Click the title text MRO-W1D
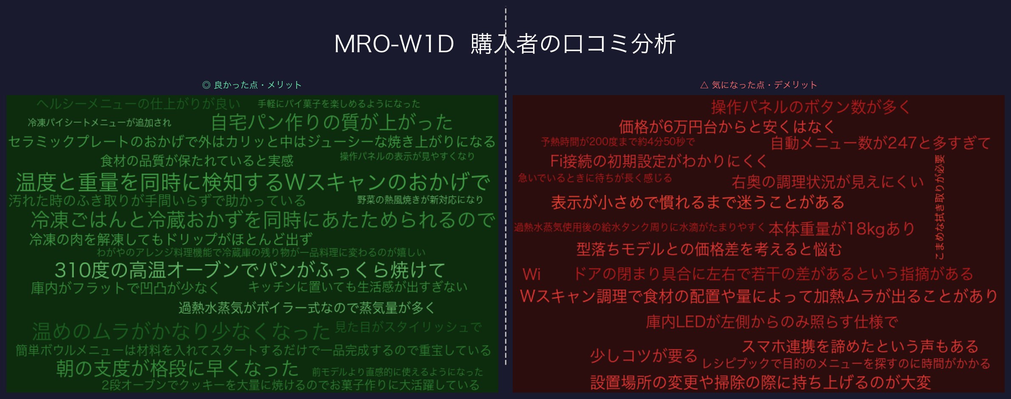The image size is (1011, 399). [x=394, y=44]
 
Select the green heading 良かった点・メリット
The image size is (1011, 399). [x=252, y=85]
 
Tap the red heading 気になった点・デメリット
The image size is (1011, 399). [x=758, y=85]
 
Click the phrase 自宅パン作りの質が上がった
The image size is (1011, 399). [x=332, y=122]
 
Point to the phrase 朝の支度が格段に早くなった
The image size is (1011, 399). [x=177, y=368]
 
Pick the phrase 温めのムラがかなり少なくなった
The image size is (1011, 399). [x=181, y=332]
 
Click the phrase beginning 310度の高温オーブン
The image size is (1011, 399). [x=250, y=270]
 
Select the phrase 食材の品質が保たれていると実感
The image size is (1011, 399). [x=197, y=161]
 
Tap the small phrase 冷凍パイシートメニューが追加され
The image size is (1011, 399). [x=99, y=123]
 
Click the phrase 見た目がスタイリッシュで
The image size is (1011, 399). [x=408, y=327]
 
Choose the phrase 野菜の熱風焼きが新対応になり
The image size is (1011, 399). [x=420, y=199]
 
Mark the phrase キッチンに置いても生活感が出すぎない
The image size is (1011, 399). [x=357, y=287]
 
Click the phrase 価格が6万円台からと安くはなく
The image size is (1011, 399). [x=727, y=126]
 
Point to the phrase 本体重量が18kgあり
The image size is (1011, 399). [x=842, y=229]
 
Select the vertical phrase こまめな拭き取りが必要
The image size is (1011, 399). [x=940, y=207]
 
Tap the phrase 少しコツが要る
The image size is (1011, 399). [x=643, y=355]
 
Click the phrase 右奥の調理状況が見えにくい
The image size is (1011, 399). [x=828, y=182]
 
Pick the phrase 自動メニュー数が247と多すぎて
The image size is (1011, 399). [x=880, y=143]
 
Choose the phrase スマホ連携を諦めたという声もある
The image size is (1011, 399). [x=860, y=346]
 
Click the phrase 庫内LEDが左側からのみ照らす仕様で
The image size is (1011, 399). [x=772, y=322]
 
